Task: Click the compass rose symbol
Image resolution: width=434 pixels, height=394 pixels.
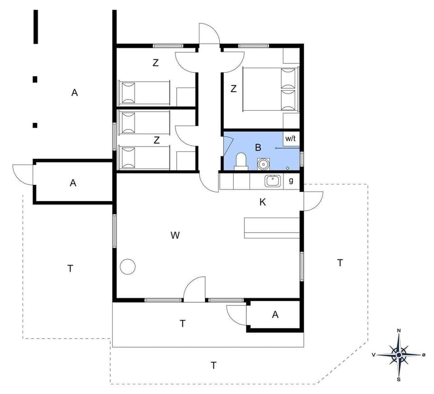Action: point(398,355)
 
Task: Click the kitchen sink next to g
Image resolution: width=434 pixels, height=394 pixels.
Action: point(273,181)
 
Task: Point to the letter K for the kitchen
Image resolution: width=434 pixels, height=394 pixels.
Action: point(263,202)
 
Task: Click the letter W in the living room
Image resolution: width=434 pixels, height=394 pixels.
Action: point(175,235)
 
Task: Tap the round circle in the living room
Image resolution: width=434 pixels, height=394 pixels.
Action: point(128,266)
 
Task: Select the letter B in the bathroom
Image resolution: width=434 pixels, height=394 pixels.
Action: point(258,147)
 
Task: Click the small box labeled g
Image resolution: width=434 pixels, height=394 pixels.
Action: point(291,181)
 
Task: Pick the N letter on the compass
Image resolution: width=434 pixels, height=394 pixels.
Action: point(399,331)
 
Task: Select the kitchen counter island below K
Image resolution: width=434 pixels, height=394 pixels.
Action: point(272,228)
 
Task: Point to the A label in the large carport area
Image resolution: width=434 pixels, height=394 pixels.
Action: point(75,93)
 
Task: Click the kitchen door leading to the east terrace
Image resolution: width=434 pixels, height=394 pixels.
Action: point(312,200)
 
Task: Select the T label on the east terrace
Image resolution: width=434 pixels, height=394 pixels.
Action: point(340,262)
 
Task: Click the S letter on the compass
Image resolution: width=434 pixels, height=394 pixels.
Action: point(398,380)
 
